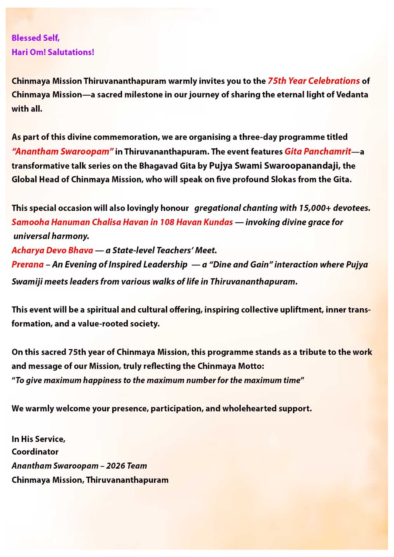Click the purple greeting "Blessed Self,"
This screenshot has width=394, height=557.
pyautogui.click(x=36, y=38)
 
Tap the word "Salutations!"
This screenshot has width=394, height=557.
pyautogui.click(x=71, y=52)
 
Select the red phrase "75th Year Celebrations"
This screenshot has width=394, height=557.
pyautogui.click(x=314, y=81)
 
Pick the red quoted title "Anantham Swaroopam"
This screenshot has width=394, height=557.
pyautogui.click(x=63, y=151)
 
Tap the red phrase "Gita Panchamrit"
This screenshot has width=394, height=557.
pyautogui.click(x=318, y=151)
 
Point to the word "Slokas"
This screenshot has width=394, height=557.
pyautogui.click(x=283, y=179)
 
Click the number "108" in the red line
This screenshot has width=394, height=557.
pyautogui.click(x=167, y=222)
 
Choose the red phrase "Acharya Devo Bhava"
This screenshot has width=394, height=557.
pyautogui.click(x=52, y=250)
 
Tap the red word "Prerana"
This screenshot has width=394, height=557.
pyautogui.click(x=28, y=265)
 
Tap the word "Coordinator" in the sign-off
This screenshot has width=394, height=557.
pyautogui.click(x=35, y=452)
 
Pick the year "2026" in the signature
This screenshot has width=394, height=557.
pyautogui.click(x=115, y=466)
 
